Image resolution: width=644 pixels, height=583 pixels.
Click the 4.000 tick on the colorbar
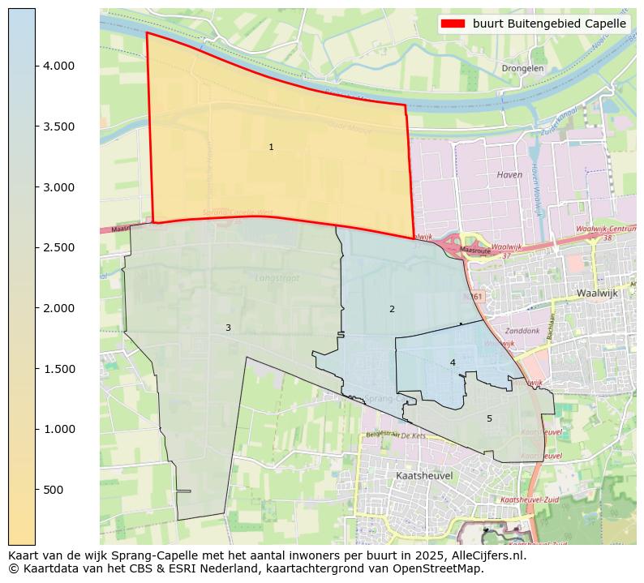58,66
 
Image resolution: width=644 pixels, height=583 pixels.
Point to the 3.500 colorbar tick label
58,126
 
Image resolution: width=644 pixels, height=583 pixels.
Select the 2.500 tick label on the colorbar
58,247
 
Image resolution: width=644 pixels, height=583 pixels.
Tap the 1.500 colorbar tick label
58,369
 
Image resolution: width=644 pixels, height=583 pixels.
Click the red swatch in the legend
453,24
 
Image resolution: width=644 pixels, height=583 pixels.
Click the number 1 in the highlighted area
271,147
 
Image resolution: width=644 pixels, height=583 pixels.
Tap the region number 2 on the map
392,309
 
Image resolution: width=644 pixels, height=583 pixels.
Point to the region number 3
228,328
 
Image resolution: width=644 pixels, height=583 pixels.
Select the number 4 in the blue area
453,362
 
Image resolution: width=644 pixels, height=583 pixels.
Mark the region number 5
489,418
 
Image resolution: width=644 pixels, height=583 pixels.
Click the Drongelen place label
522,69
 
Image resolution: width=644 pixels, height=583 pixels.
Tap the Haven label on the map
509,174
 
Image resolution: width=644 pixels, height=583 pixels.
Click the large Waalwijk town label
599,293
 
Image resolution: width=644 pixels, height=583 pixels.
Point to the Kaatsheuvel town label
423,475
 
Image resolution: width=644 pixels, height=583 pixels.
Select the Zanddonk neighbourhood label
522,331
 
